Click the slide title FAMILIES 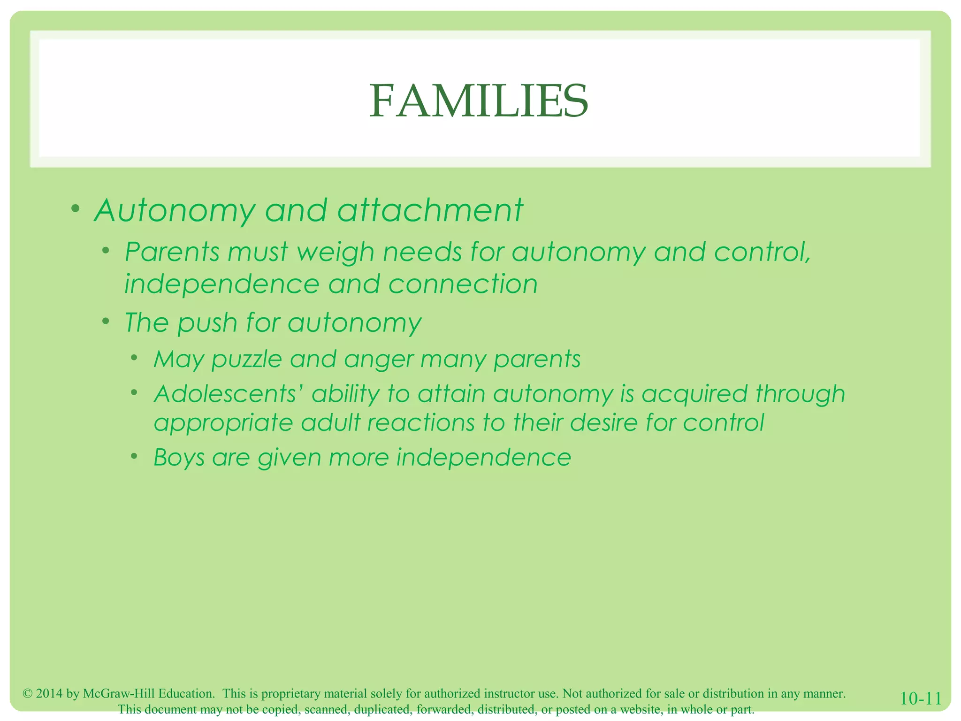[x=479, y=101]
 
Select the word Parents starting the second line [x=172, y=252]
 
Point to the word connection [x=463, y=284]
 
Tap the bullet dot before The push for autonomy [x=106, y=321]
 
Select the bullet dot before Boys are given [x=135, y=456]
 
